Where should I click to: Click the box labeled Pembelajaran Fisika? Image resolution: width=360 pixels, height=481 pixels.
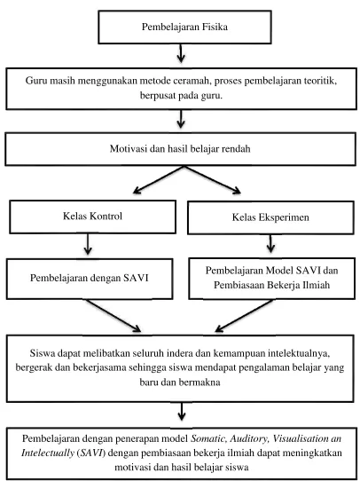[x=184, y=27]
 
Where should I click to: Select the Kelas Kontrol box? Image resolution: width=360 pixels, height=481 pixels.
[x=92, y=217]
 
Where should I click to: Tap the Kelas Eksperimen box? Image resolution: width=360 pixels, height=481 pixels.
[x=270, y=217]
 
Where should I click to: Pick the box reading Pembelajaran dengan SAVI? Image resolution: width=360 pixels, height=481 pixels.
[x=90, y=279]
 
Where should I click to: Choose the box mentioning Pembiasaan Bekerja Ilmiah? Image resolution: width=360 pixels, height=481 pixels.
[x=271, y=279]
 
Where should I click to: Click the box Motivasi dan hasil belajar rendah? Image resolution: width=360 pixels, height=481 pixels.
[x=180, y=149]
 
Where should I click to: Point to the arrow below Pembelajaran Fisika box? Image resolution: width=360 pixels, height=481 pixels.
[x=181, y=53]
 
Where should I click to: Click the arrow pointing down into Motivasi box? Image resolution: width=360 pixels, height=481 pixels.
[x=181, y=119]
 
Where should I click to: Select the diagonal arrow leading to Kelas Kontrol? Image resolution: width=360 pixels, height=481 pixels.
[x=158, y=180]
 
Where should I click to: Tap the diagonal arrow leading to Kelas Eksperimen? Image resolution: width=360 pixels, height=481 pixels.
[x=212, y=180]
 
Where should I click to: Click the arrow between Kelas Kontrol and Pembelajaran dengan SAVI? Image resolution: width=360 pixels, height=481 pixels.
[x=88, y=244]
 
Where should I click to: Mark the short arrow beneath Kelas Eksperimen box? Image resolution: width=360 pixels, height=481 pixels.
[x=270, y=244]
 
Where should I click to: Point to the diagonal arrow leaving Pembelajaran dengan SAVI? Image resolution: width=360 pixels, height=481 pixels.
[x=113, y=316]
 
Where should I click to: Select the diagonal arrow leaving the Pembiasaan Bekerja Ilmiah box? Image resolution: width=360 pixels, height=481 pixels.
[x=244, y=316]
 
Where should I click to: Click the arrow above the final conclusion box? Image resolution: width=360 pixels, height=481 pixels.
[x=182, y=412]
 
